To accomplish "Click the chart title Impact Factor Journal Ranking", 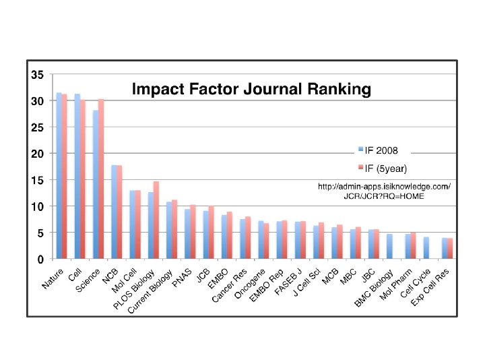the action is [251, 89].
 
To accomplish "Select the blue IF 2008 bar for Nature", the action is [59, 175].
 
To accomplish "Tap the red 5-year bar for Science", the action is [101, 179].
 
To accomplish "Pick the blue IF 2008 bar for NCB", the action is [114, 212].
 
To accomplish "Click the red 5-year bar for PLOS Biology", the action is [156, 220].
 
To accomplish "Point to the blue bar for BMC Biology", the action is [390, 247].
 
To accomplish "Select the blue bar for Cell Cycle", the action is [426, 248].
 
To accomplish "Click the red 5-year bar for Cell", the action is [83, 179].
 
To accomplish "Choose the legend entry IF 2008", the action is [378, 150].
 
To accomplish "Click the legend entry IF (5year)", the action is [383, 169].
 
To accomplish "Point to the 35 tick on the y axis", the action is [38, 75].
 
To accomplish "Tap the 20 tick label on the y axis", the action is [38, 154].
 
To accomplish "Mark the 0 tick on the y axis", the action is [40, 260].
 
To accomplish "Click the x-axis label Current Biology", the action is [150, 291].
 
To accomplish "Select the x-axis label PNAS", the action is [182, 278].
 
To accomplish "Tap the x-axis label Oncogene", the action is [250, 284].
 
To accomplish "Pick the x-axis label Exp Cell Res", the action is [430, 287].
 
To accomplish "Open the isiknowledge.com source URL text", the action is [384, 191].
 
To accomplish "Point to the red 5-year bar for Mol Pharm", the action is [413, 245].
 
